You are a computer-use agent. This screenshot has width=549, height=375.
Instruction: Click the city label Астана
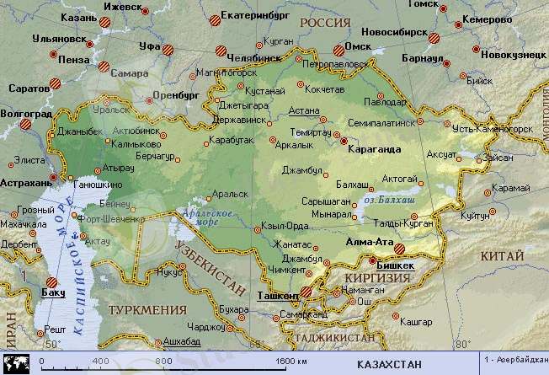[x=304, y=110]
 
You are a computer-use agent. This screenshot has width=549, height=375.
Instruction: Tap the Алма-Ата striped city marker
[x=400, y=249]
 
